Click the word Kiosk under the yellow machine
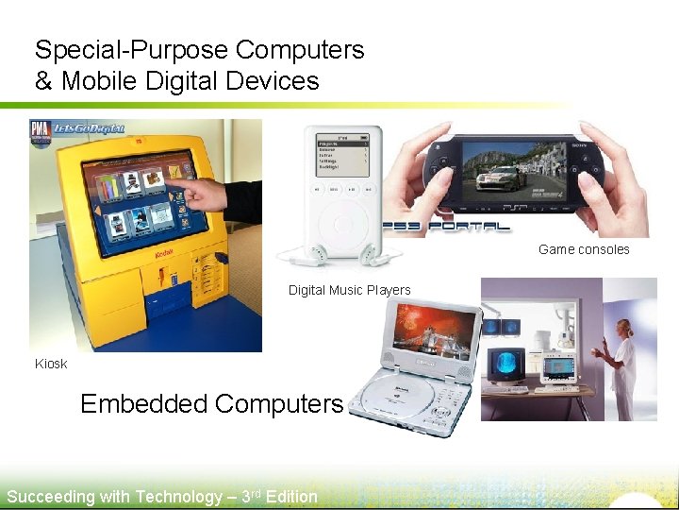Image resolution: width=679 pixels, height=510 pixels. click(x=51, y=364)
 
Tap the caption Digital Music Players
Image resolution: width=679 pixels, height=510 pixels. click(x=349, y=290)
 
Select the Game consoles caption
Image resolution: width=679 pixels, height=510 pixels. click(x=584, y=249)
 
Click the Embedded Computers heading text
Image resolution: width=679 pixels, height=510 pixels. click(x=211, y=404)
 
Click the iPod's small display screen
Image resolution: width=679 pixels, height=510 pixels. click(x=341, y=155)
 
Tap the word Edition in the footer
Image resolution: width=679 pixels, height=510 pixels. click(x=291, y=497)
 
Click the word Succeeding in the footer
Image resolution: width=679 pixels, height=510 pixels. click(x=51, y=497)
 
